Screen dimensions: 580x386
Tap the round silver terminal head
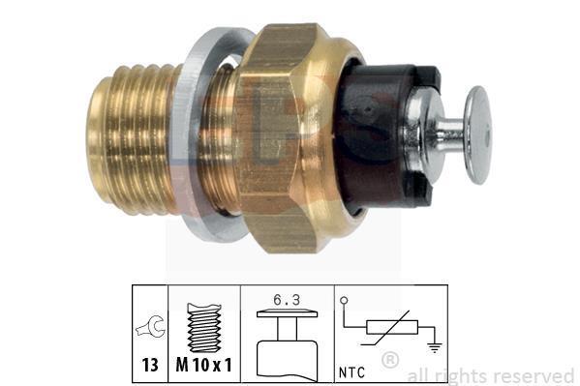pyautogui.click(x=478, y=134)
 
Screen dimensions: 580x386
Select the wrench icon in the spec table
pyautogui.click(x=150, y=326)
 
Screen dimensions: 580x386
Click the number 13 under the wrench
pyautogui.click(x=150, y=365)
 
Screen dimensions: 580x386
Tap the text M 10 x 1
pyautogui.click(x=203, y=365)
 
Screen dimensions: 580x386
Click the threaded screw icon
pyautogui.click(x=204, y=328)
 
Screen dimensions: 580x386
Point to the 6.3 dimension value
pyautogui.click(x=287, y=300)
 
